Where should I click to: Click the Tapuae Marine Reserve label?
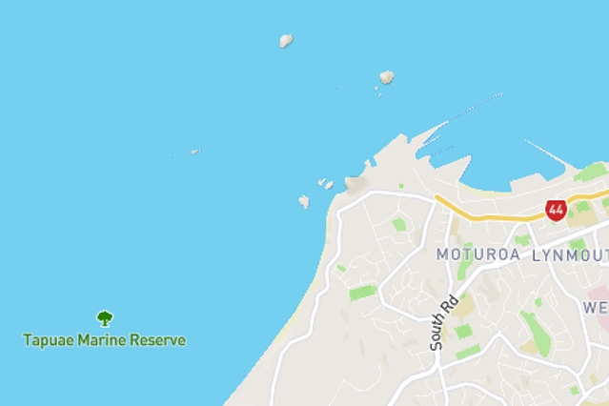coord(105,340)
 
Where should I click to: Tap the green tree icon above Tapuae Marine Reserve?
coord(105,318)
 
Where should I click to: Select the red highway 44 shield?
coord(556,210)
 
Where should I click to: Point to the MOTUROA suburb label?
coord(477,254)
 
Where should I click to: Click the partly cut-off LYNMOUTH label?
coord(570,254)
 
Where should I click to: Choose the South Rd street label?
coord(443,323)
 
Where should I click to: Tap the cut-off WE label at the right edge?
coord(596,307)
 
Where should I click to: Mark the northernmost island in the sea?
coord(285,41)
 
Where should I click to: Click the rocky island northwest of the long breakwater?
coord(386,77)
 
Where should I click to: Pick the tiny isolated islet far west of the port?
coord(194,151)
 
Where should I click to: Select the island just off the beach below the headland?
coord(304,201)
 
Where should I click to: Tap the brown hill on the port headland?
coord(355,181)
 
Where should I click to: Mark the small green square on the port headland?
coord(401,186)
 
